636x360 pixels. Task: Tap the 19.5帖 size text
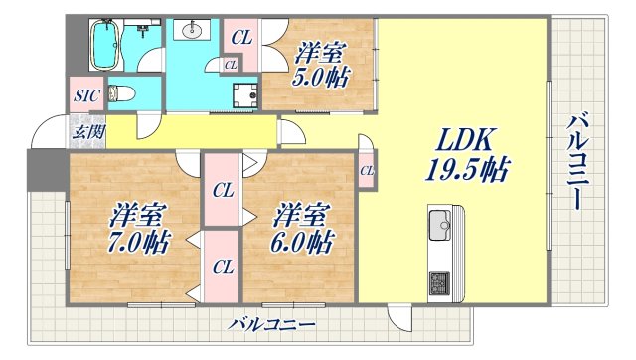pos(462,171)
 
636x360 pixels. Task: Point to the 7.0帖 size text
pos(139,241)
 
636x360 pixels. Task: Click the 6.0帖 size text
pos(304,241)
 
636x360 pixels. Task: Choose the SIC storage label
pos(83,96)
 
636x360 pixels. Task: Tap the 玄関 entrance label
pos(83,130)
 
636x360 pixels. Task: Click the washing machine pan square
pos(244,95)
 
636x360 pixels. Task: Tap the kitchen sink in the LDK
pos(438,225)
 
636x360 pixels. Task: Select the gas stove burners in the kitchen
pos(438,281)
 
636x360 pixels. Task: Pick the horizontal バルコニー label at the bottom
pos(271,324)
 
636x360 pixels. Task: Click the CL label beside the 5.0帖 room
pos(242,38)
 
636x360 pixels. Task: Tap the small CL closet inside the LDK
pos(366,171)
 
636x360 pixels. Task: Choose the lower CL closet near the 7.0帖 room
pos(223,266)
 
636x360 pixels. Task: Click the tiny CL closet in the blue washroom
pos(230,66)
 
